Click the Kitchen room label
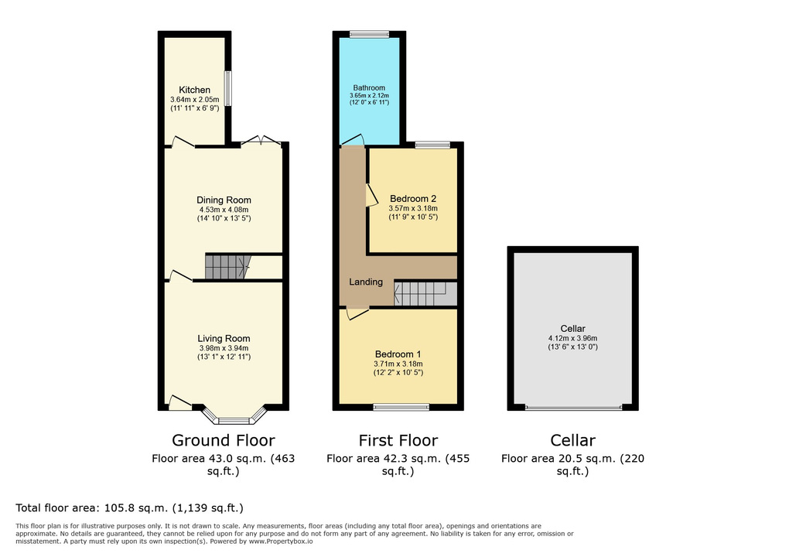coord(194,90)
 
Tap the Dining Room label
coord(224,200)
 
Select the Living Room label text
coord(224,339)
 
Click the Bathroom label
coord(369,88)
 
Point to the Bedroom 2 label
coord(413,199)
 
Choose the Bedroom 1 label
coord(398,354)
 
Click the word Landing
coord(366,282)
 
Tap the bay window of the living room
coord(234,415)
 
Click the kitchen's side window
coord(228,88)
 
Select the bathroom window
coord(370,35)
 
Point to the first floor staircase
coord(425,294)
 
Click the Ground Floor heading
coord(224,440)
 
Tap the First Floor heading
coord(398,440)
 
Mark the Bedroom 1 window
coord(401,407)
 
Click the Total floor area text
coord(129,507)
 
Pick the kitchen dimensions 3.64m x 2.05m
coord(195,100)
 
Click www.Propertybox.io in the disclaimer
coord(281,542)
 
